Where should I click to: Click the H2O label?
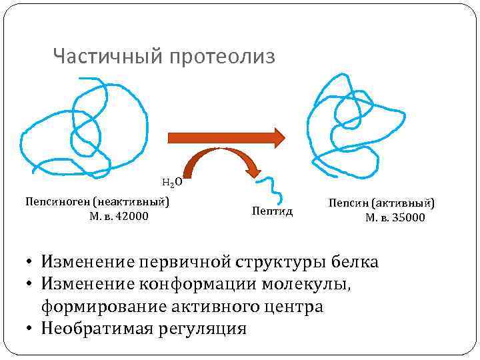(171, 181)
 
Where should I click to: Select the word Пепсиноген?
(57, 201)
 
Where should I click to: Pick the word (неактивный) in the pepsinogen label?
(131, 201)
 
